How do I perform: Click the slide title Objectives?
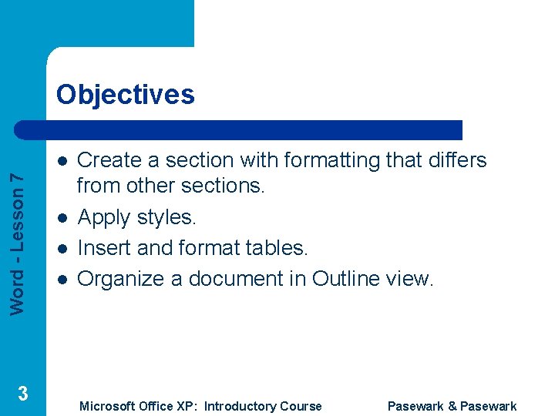point(125,95)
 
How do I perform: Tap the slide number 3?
point(23,394)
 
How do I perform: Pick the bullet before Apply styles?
point(61,218)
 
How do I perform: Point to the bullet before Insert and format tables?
point(61,249)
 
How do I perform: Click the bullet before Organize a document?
point(61,279)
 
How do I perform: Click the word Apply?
point(104,217)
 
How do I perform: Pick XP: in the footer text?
point(182,406)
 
